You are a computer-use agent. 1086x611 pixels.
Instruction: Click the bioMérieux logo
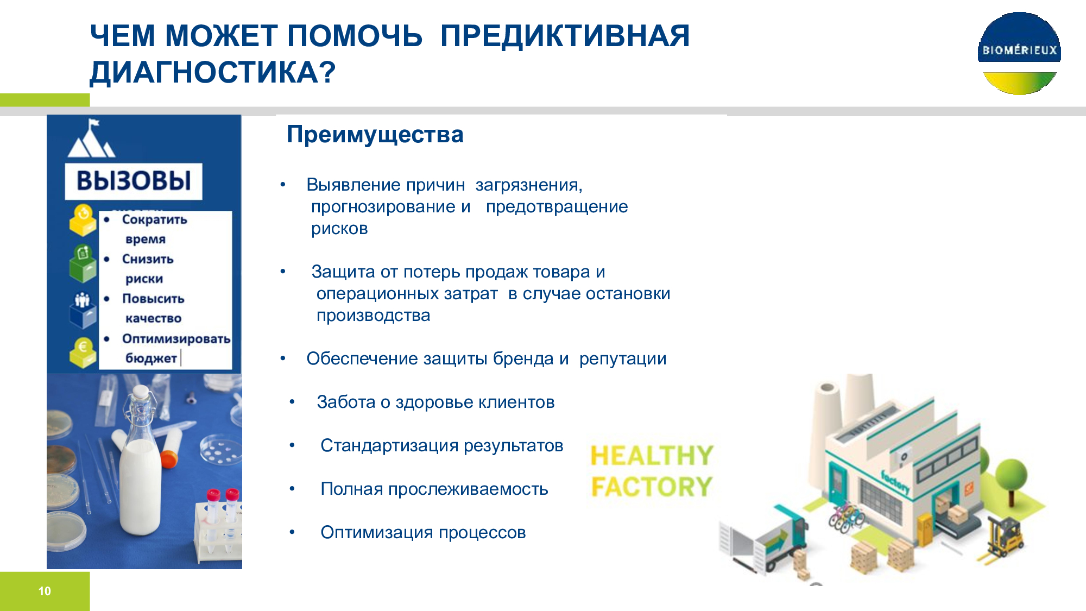1019,53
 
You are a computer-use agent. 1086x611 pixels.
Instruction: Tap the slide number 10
45,591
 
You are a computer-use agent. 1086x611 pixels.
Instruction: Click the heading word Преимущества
375,135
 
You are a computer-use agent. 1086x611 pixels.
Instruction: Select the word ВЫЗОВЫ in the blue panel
134,181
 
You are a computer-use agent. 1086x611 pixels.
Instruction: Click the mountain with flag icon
91,138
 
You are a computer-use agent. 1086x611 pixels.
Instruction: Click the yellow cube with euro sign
83,353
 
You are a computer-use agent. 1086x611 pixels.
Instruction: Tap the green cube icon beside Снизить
83,263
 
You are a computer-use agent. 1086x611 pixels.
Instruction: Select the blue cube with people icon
83,310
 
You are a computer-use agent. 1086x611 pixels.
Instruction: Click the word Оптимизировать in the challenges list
176,339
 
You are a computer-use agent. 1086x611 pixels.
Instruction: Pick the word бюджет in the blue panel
151,358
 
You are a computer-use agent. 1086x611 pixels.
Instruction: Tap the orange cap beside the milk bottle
169,458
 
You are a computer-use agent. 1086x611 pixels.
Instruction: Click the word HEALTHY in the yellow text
652,456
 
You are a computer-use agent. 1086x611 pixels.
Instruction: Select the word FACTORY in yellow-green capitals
652,487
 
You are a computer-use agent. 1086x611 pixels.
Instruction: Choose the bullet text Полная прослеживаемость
434,489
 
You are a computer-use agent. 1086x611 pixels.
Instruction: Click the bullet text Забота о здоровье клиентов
435,402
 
